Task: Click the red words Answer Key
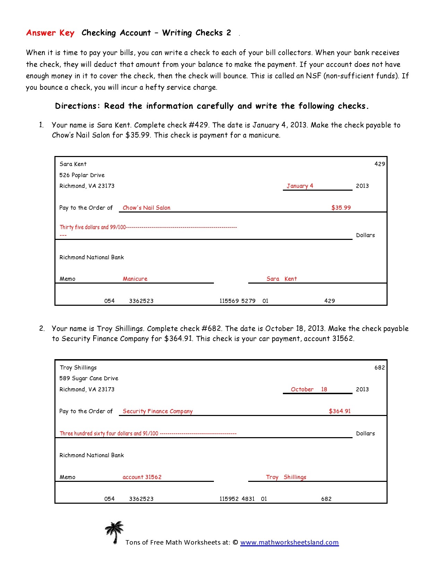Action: point(50,33)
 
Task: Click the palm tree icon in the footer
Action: point(114,532)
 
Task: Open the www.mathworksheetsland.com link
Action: point(289,543)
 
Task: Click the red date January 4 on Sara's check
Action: point(300,186)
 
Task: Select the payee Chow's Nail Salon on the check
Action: point(146,208)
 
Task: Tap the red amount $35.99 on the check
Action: point(341,208)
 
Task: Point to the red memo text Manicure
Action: point(135,279)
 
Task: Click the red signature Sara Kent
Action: point(281,279)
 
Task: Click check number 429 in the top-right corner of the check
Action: point(380,164)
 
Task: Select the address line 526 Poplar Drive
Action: point(82,175)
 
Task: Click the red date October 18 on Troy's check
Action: point(309,389)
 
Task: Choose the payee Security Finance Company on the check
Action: point(157,411)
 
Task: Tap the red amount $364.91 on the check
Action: point(339,411)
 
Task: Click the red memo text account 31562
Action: point(142,477)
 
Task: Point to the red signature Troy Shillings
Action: point(286,477)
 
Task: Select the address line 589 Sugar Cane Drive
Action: point(89,378)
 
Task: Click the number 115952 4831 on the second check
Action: point(237,499)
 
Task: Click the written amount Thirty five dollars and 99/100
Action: point(93,227)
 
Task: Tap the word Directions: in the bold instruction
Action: point(78,106)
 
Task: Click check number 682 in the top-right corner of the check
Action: point(380,367)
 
